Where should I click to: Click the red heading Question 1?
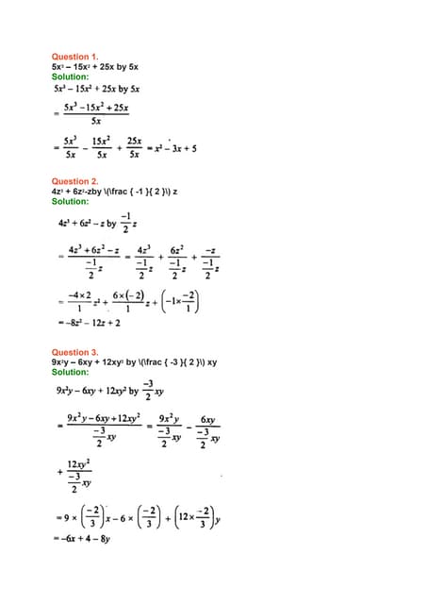(x=74, y=57)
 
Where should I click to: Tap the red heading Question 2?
(x=74, y=181)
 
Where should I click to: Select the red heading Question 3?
(x=74, y=352)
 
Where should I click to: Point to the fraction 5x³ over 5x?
(x=72, y=147)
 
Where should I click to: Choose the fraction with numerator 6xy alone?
(x=209, y=430)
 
